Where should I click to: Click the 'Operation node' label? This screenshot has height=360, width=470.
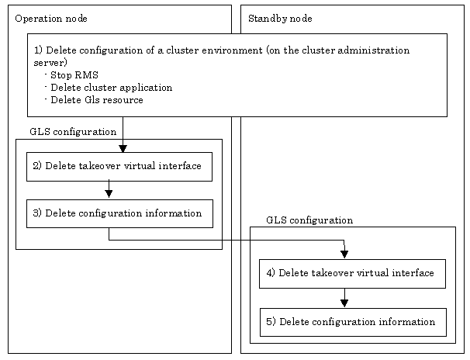(x=51, y=19)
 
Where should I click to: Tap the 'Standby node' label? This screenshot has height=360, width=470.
(x=280, y=19)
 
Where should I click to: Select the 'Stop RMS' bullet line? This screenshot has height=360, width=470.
(x=71, y=75)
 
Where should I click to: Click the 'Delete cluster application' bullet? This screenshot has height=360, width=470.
(x=109, y=88)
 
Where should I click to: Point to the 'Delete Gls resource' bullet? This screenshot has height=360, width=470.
(x=94, y=100)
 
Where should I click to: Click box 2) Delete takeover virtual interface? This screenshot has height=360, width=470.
(x=119, y=167)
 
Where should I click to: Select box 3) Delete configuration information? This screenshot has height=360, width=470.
(x=119, y=213)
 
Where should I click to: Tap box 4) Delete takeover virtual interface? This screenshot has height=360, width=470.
(x=352, y=274)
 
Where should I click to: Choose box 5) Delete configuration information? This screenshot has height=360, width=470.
(x=353, y=322)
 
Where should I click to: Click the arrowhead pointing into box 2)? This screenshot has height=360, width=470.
(x=123, y=149)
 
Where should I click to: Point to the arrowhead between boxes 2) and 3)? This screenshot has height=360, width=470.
(x=109, y=194)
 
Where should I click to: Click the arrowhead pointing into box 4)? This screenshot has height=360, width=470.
(x=344, y=254)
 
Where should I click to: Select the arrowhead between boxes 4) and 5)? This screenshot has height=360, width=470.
(x=344, y=303)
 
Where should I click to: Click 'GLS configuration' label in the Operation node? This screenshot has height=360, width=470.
(x=73, y=132)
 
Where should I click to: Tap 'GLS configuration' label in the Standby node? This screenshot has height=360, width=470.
(x=309, y=220)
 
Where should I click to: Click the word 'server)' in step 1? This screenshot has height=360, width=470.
(x=50, y=63)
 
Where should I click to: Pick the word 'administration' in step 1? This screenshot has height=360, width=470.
(x=374, y=50)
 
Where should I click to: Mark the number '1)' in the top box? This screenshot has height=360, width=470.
(x=38, y=50)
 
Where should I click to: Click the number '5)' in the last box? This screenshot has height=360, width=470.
(x=271, y=322)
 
